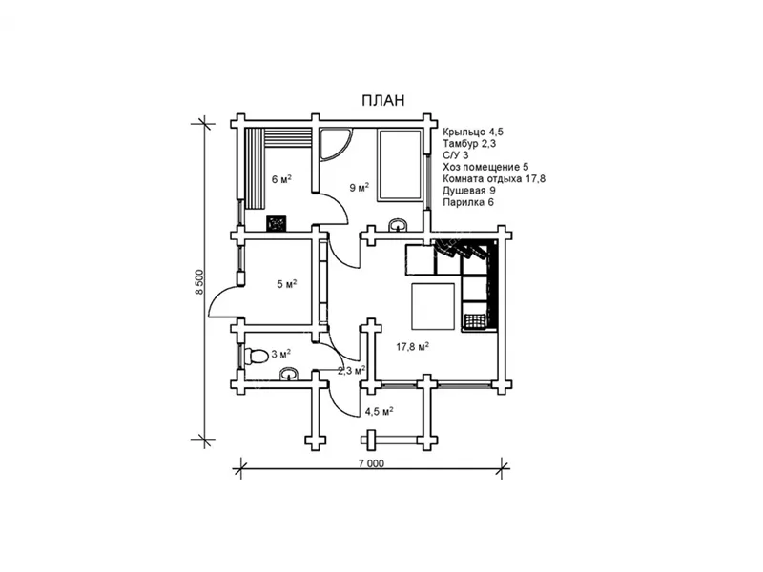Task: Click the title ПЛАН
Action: pyautogui.click(x=383, y=100)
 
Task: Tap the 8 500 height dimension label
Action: pyautogui.click(x=198, y=282)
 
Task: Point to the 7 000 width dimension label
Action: pyautogui.click(x=371, y=463)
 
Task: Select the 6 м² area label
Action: pyautogui.click(x=281, y=179)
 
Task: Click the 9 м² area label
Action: pyautogui.click(x=360, y=187)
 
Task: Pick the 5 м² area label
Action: pyautogui.click(x=287, y=284)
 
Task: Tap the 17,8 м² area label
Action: pyautogui.click(x=412, y=347)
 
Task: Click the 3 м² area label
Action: pyautogui.click(x=281, y=354)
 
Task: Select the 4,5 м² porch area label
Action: pyautogui.click(x=379, y=412)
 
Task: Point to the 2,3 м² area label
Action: pyautogui.click(x=352, y=371)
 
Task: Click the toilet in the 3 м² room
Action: pyautogui.click(x=256, y=356)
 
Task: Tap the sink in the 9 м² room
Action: pyautogui.click(x=399, y=225)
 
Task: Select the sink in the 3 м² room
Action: pyautogui.click(x=290, y=374)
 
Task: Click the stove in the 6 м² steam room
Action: pyautogui.click(x=277, y=223)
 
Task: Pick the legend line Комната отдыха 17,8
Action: pyautogui.click(x=494, y=178)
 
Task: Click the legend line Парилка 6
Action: pyautogui.click(x=468, y=202)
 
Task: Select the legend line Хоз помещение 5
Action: pyautogui.click(x=485, y=167)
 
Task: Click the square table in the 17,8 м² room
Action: pyautogui.click(x=433, y=306)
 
